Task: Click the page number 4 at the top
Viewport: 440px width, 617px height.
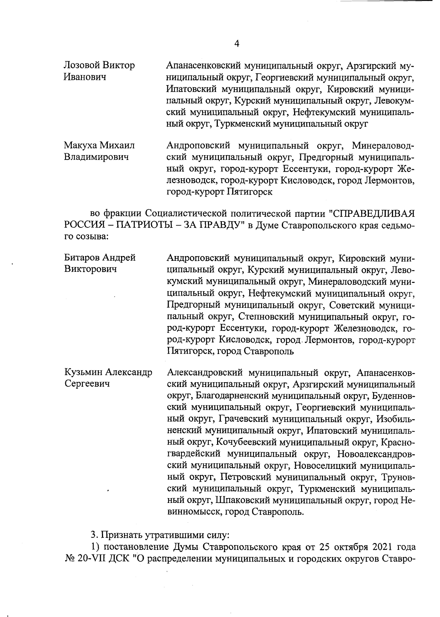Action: pos(236,44)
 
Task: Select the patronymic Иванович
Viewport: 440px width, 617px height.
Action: pos(85,77)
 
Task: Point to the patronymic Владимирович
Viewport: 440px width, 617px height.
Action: pos(96,157)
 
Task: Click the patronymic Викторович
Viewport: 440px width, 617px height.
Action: pos(91,269)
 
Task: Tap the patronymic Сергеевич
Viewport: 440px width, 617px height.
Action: pos(87,384)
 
